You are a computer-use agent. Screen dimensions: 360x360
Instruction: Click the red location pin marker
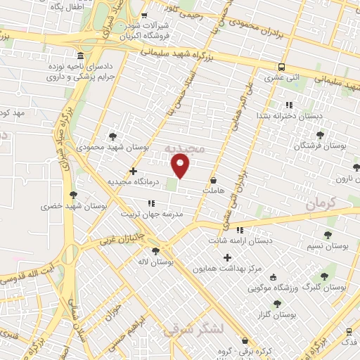pyautogui.click(x=181, y=166)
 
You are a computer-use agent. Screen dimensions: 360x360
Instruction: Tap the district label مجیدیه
pyautogui.click(x=184, y=149)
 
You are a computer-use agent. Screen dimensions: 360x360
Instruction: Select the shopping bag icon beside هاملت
pyautogui.click(x=213, y=181)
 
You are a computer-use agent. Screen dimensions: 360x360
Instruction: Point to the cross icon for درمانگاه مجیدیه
pyautogui.click(x=134, y=171)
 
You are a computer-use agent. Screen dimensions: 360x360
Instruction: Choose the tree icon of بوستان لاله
pyautogui.click(x=155, y=250)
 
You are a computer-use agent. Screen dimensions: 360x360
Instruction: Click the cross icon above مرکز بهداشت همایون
pyautogui.click(x=227, y=257)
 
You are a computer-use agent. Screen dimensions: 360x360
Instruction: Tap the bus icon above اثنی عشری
pyautogui.click(x=281, y=67)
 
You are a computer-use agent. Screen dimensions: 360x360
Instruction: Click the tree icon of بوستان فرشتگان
pyautogui.click(x=320, y=134)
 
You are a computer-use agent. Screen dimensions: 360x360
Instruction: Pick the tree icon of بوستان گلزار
pyautogui.click(x=277, y=304)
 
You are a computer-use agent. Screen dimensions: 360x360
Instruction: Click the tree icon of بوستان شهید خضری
pyautogui.click(x=73, y=195)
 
